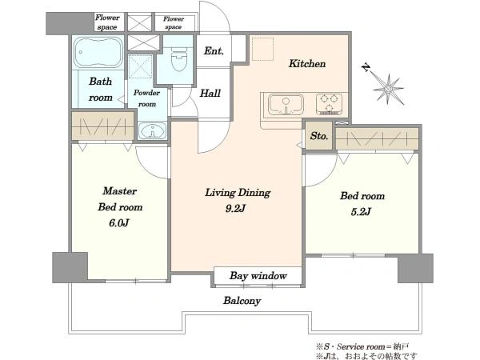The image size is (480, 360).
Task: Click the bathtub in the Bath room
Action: pos(98,53)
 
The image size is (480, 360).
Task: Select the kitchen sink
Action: pos(286,104)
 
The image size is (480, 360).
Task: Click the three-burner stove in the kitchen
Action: pos(329,104)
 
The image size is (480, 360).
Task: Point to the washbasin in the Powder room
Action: pos(152,130)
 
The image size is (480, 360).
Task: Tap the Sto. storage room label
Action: pos(319,136)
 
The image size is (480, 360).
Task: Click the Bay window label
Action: pos(258,276)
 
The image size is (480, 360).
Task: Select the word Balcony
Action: pos(242,301)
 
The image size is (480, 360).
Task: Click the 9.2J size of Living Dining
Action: pos(235,209)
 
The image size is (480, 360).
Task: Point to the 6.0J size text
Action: pos(118,223)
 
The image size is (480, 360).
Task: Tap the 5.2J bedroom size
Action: pos(362,211)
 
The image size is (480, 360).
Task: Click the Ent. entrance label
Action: pos(214,51)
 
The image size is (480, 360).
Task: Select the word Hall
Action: pos(210,93)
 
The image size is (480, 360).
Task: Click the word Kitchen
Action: pos(307,64)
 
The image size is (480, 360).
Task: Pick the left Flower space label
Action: pos(107,22)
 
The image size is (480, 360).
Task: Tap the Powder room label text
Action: pos(146,98)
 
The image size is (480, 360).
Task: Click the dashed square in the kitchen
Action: pos(262,49)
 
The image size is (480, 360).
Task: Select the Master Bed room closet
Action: pos(103,126)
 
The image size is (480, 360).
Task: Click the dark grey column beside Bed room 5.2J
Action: pos(415,268)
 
